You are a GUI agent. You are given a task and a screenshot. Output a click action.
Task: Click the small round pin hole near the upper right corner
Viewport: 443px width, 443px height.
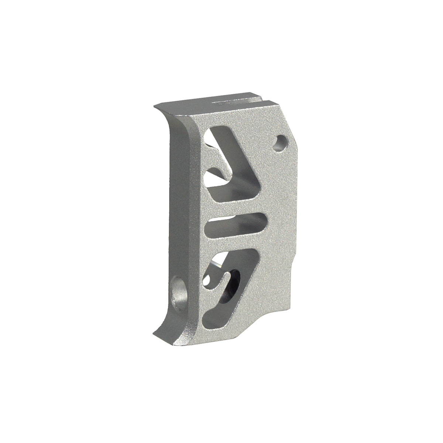281,142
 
